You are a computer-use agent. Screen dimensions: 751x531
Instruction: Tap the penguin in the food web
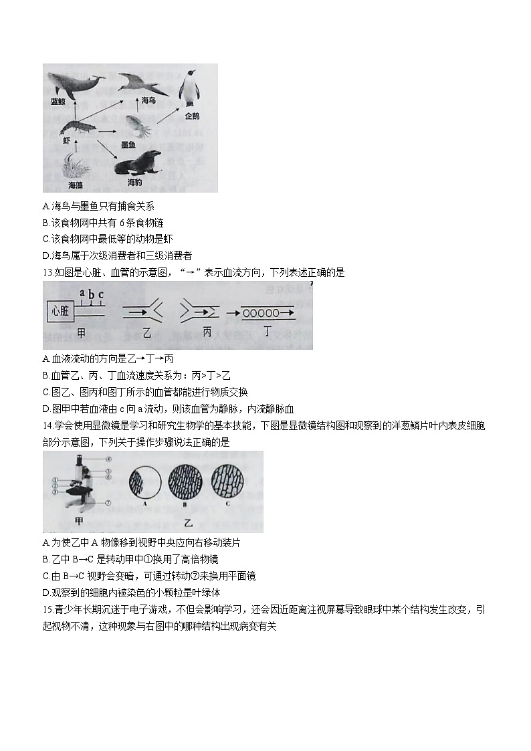point(193,88)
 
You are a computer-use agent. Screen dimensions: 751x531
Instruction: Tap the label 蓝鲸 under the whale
point(58,102)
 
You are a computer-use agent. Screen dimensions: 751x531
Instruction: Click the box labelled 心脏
point(60,310)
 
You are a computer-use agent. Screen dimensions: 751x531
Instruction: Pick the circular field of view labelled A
point(144,483)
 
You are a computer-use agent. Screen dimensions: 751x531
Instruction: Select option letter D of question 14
point(45,593)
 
